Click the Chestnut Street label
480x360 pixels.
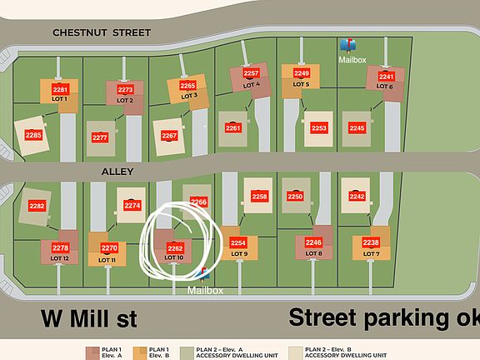[102, 32]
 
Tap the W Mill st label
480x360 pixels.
[90, 318]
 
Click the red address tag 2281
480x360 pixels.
[60, 89]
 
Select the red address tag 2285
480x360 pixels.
[33, 135]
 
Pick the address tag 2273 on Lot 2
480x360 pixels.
[125, 89]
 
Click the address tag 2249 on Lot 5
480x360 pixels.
[302, 73]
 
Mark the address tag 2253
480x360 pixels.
[318, 128]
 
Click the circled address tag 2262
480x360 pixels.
[175, 248]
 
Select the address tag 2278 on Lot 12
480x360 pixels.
[60, 248]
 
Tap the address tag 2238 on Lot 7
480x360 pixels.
[371, 242]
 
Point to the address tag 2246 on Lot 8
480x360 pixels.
[313, 242]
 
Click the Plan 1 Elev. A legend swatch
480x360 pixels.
[92, 351]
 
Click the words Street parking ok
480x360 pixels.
[383, 317]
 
